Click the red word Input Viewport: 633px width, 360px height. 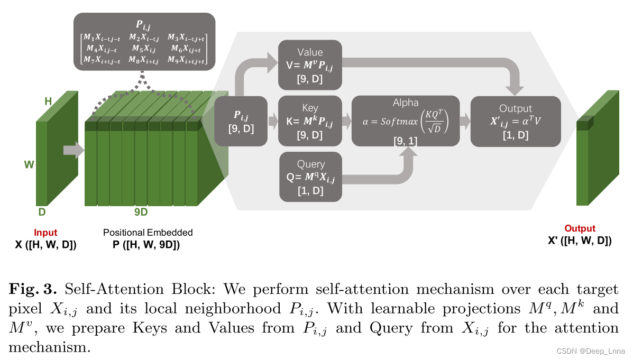[45, 233]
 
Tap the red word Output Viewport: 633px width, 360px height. [580, 229]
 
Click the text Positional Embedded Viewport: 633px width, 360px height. [148, 233]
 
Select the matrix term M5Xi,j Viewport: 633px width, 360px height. [144, 49]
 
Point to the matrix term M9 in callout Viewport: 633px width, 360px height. [186, 60]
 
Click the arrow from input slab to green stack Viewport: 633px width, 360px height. [73, 151]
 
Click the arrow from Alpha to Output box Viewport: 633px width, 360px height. [464, 122]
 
